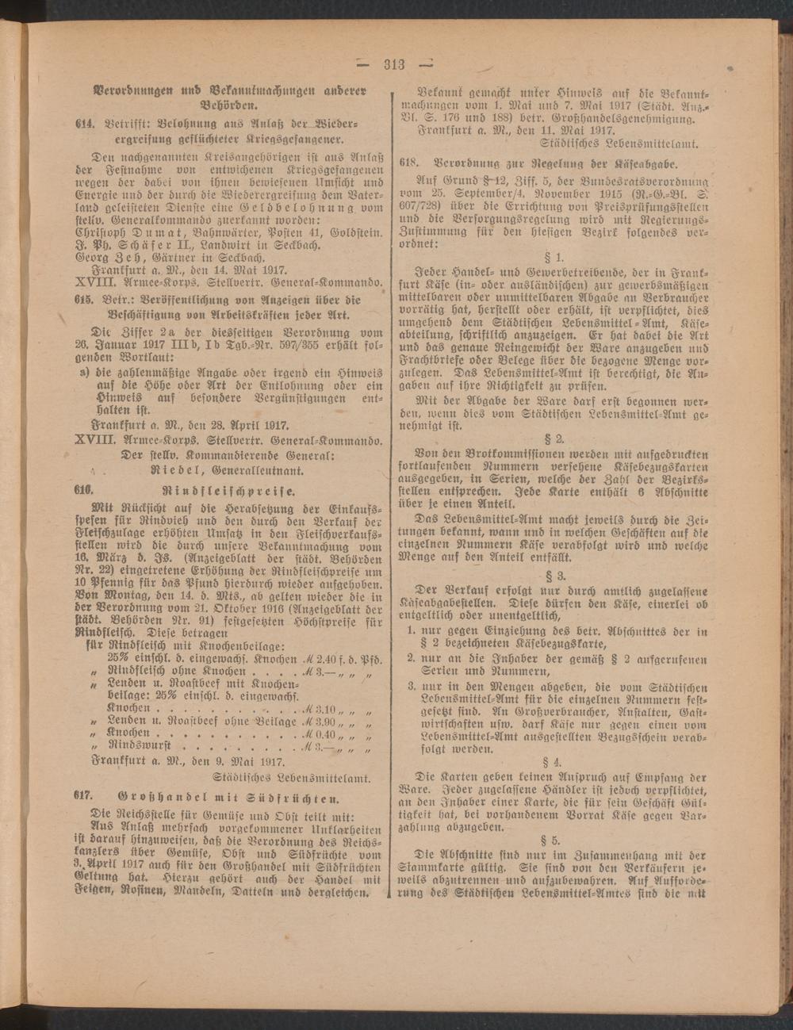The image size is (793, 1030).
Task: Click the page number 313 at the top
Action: click(x=393, y=65)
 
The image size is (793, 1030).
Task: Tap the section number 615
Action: click(x=84, y=301)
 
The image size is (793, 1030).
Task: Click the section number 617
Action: click(x=84, y=796)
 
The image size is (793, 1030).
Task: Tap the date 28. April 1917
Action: click(x=244, y=425)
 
